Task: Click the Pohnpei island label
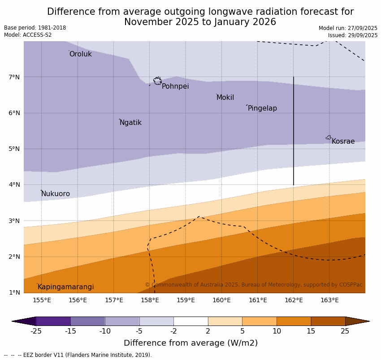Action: (175, 86)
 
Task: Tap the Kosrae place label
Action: (343, 141)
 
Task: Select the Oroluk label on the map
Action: (80, 54)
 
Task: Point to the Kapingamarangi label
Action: (65, 287)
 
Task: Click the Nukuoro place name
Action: (56, 194)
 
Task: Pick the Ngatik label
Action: (130, 123)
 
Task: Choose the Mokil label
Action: (225, 98)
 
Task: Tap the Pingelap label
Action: (262, 108)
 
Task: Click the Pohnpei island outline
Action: (157, 81)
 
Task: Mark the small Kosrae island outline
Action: (329, 137)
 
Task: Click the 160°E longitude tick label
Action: (221, 300)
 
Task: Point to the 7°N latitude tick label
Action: (14, 77)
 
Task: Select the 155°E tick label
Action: (42, 300)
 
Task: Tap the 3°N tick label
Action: (14, 221)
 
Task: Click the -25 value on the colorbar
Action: (36, 331)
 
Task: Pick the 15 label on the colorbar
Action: (311, 331)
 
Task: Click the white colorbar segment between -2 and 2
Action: (190, 321)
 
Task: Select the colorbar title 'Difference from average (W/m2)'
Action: (190, 343)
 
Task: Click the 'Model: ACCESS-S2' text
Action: (28, 35)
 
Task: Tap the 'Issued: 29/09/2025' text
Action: (352, 35)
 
